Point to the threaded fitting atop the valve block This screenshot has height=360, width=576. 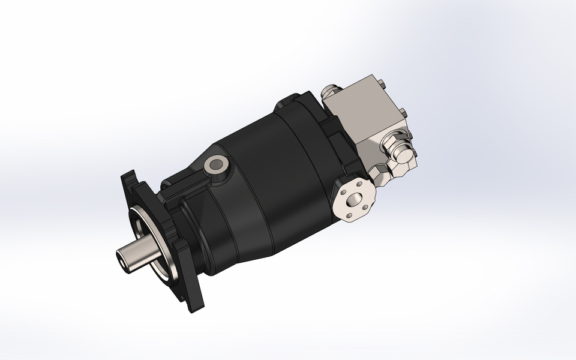tap(329, 91)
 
